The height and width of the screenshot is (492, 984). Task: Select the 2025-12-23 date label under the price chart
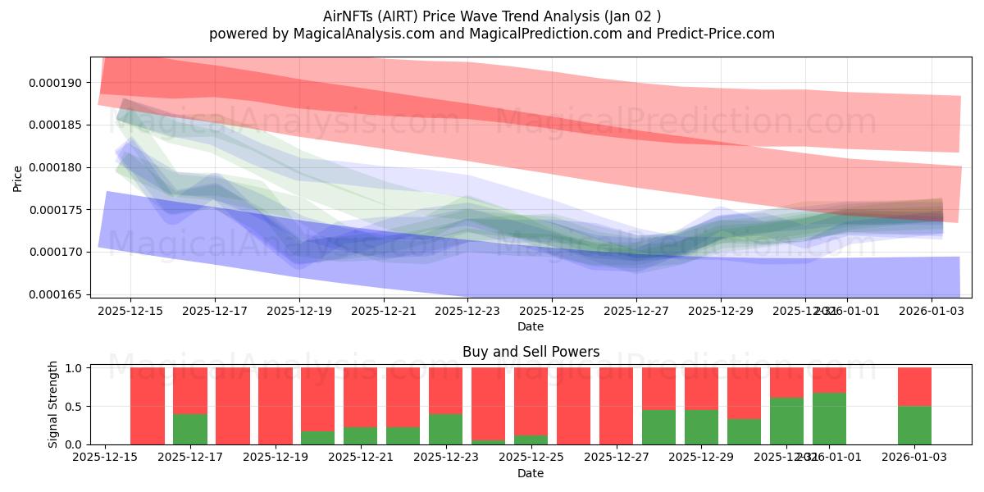[467, 312]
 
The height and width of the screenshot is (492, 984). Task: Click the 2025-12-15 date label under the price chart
[130, 312]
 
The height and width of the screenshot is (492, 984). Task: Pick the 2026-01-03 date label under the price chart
[932, 312]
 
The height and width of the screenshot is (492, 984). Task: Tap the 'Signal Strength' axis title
[30, 404]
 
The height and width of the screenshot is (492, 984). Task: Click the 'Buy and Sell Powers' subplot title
[531, 352]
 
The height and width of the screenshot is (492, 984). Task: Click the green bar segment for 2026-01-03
[914, 426]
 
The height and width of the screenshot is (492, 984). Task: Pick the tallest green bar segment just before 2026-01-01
[829, 419]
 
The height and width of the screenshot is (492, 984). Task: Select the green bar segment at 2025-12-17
[189, 429]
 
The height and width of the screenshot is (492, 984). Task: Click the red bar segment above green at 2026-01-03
[914, 387]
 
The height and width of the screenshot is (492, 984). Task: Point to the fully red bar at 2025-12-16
[148, 406]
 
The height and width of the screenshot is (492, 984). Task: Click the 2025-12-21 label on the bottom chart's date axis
[361, 457]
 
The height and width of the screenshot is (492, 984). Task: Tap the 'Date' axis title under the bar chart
[531, 473]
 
